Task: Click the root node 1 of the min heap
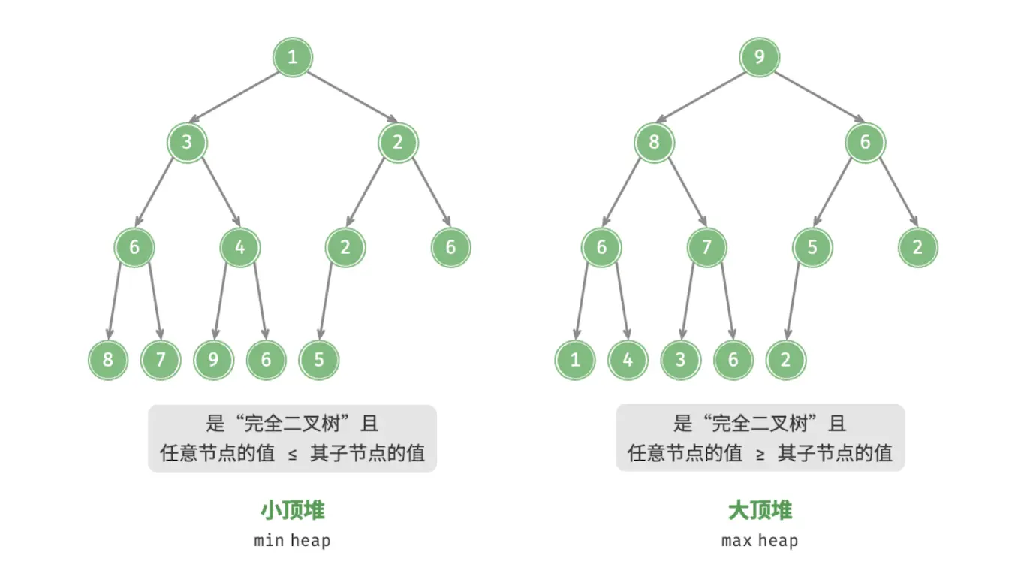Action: (293, 57)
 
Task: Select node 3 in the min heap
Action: (187, 142)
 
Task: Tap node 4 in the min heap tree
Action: (239, 247)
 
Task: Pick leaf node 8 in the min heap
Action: (108, 360)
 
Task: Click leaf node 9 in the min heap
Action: (213, 360)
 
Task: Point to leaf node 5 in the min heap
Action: (318, 360)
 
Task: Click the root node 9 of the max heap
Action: (759, 57)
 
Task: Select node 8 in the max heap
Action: (654, 142)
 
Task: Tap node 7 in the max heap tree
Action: (706, 247)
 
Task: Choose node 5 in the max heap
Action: (812, 247)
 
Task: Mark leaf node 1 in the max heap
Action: (575, 360)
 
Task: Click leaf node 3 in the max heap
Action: (680, 360)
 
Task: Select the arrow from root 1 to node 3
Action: (233, 97)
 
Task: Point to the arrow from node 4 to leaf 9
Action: (220, 301)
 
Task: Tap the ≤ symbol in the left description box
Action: (293, 455)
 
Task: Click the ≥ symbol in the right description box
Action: (760, 455)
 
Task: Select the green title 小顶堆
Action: (293, 510)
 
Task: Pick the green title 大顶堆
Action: (760, 510)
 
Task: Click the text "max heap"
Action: (760, 541)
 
